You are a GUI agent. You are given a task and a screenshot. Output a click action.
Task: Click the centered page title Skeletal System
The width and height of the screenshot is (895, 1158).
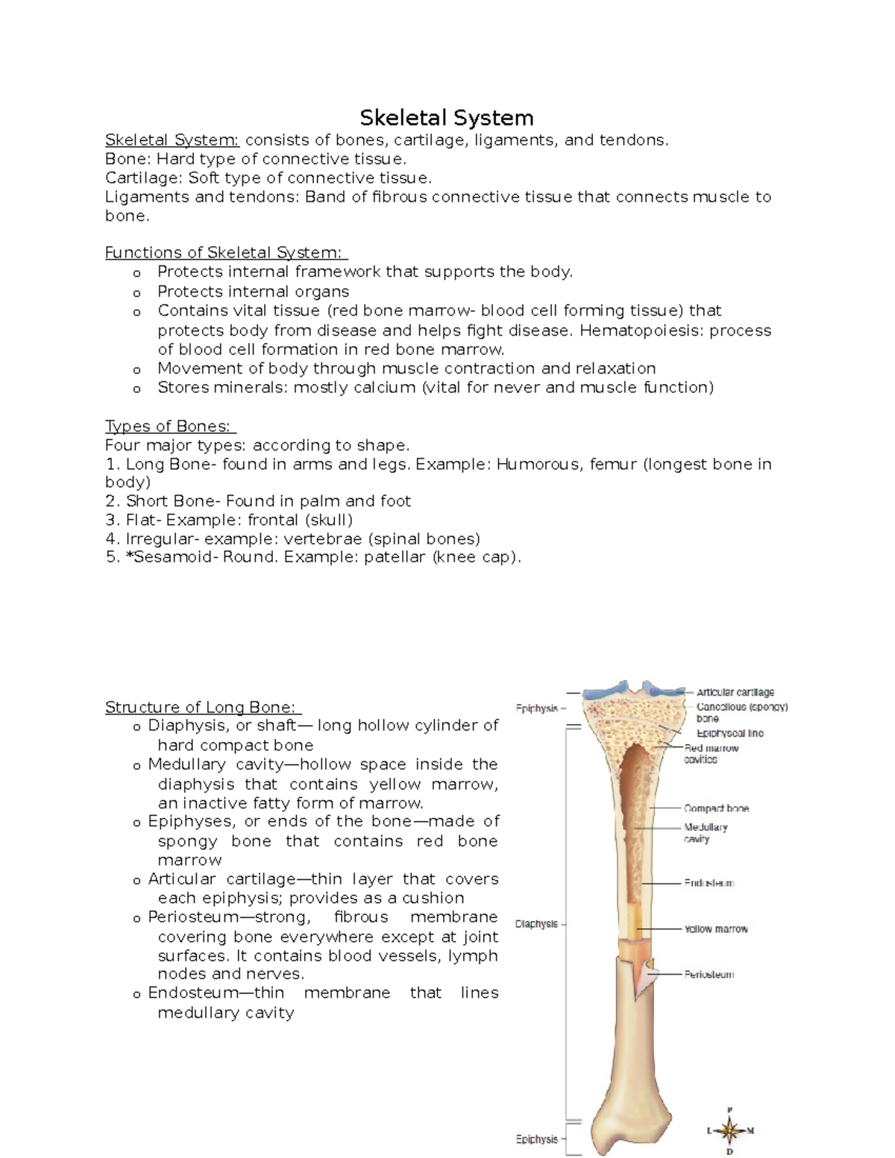[x=446, y=118]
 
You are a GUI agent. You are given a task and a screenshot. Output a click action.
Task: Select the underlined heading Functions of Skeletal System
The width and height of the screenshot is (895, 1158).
[x=226, y=253]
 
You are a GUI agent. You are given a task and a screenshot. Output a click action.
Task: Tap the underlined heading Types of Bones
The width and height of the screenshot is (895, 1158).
[x=170, y=427]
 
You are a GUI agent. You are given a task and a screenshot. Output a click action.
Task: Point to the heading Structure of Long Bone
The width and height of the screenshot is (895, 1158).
[x=203, y=707]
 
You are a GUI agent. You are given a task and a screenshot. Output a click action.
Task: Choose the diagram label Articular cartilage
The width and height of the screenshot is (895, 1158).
[x=735, y=692]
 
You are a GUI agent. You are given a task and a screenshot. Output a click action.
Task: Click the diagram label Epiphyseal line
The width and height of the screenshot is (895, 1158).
[x=729, y=733]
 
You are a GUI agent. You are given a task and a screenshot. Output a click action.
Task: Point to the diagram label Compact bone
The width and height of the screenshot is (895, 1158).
[x=716, y=808]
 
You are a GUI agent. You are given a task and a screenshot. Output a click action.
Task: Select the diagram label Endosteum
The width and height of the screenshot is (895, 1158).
[x=709, y=883]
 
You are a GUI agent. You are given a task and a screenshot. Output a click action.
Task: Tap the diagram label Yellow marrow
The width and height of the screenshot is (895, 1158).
[x=715, y=929]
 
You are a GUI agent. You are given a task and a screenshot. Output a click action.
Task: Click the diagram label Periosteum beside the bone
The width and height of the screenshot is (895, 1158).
[x=709, y=975]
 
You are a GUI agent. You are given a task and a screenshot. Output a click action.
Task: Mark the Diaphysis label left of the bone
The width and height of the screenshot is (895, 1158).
[x=536, y=924]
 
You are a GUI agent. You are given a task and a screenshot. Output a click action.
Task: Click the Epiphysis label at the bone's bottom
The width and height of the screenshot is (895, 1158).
[x=537, y=1139]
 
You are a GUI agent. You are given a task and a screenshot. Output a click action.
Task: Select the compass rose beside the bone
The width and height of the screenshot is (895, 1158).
[x=730, y=1130]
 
